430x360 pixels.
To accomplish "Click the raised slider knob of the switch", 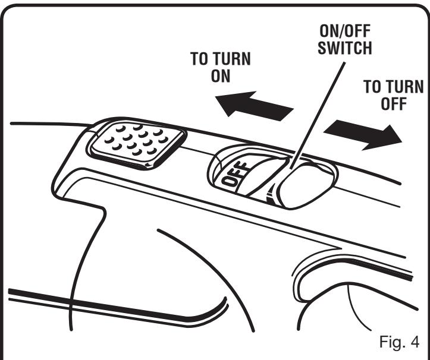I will click(x=300, y=185).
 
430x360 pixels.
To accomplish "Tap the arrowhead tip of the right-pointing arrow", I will click(x=400, y=138).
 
